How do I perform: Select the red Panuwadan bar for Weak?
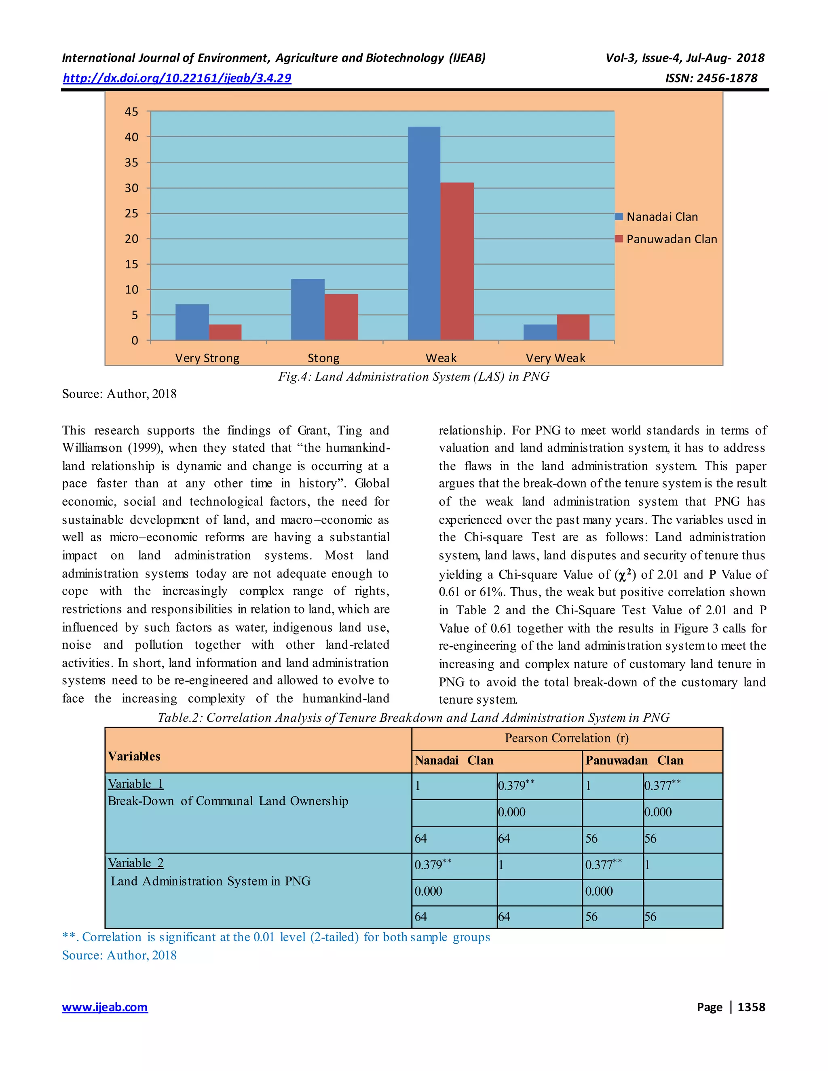point(457,261)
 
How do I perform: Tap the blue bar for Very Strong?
point(192,322)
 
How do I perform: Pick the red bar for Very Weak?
point(573,327)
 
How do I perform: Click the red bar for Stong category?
point(341,317)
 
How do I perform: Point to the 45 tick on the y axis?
point(131,112)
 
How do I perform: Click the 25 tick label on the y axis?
point(131,213)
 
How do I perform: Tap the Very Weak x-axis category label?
point(555,358)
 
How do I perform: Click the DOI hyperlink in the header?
point(177,78)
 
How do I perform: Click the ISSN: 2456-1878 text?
point(711,78)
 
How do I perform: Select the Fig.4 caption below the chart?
point(414,377)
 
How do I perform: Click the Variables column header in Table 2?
point(134,756)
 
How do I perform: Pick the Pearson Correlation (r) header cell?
point(566,738)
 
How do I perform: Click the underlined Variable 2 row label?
point(136,862)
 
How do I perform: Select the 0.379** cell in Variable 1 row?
point(515,785)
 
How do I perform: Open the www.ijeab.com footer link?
point(104,1007)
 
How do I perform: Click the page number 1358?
point(751,1007)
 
